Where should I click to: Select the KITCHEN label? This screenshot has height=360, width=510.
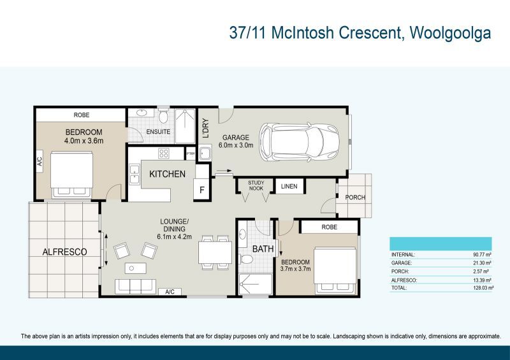coord(167,174)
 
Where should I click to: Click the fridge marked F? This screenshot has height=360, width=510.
coord(202,189)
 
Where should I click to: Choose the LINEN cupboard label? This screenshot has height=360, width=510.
coord(289,186)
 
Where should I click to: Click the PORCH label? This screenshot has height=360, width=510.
coord(355,198)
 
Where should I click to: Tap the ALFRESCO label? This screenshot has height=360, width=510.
coord(64,252)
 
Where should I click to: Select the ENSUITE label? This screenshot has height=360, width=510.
coord(157,132)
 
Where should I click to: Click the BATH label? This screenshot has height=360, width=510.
coord(262,248)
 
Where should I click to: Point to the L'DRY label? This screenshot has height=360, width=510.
coord(206,129)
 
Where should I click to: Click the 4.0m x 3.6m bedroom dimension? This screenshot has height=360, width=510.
coord(84,141)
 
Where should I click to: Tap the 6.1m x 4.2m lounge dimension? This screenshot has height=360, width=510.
coord(175,236)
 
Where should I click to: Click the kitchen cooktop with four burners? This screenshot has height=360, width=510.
coord(163,154)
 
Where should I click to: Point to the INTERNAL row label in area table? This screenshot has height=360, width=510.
coord(403,254)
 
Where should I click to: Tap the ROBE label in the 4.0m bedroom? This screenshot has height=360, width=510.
coord(82,115)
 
